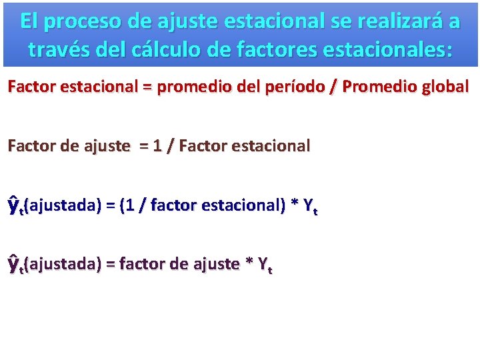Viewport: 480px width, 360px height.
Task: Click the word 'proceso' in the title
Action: [x=86, y=21]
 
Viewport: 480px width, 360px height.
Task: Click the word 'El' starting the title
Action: [x=30, y=21]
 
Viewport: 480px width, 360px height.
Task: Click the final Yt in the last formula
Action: [x=264, y=265]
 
